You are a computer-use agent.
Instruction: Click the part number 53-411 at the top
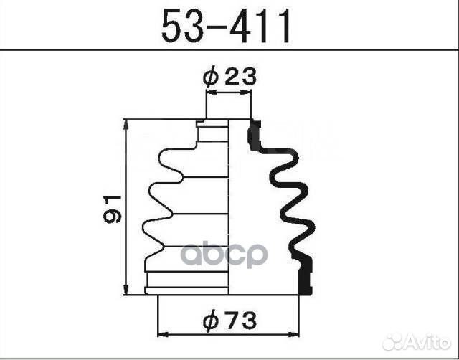(227, 27)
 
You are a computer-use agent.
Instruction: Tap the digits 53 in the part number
(180, 27)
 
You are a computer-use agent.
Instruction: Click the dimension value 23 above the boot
(240, 77)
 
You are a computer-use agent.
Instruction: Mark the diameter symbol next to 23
(210, 77)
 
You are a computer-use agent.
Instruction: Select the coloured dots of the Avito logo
(394, 340)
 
